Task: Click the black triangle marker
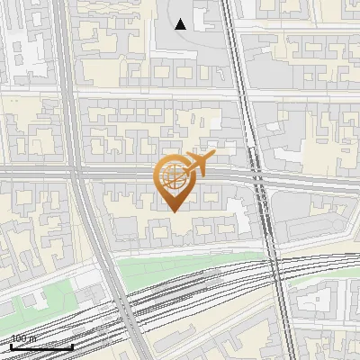pos(181,24)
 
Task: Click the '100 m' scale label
pos(23,338)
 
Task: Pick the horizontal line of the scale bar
pos(41,346)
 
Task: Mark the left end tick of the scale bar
pos(11,346)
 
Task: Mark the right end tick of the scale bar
pos(72,346)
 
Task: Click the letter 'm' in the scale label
pos(31,338)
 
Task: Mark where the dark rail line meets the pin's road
pos(257,177)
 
